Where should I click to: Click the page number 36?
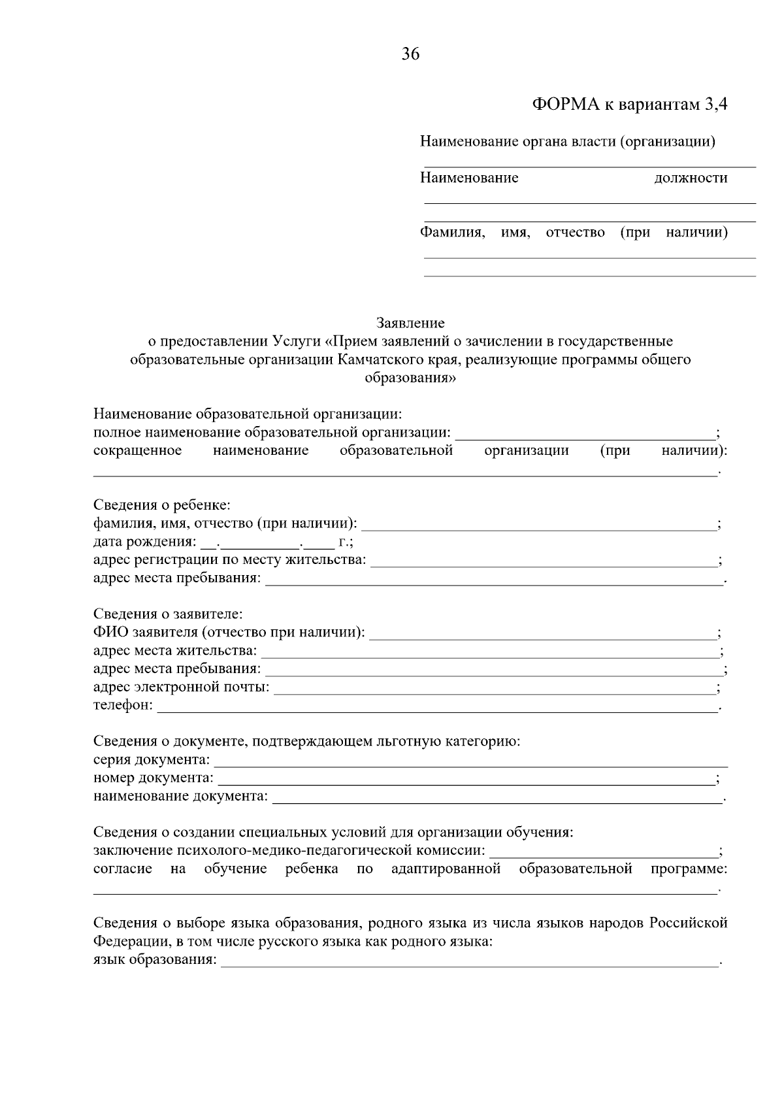click(410, 54)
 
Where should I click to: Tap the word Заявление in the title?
click(410, 323)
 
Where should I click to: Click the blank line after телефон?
click(436, 707)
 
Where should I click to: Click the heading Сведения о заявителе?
click(168, 614)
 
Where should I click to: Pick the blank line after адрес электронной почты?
click(494, 689)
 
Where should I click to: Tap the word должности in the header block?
click(691, 178)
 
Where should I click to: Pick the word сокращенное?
click(137, 451)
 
